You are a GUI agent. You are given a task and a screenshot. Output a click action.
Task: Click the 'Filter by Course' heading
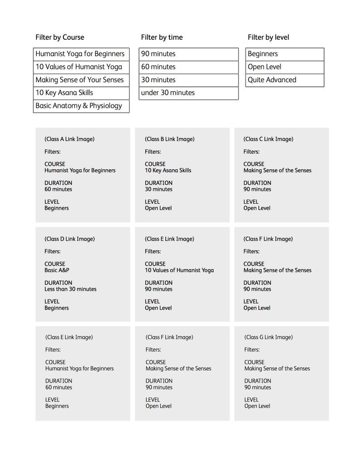click(x=60, y=37)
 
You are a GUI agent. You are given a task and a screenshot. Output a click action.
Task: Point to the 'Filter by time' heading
click(x=162, y=37)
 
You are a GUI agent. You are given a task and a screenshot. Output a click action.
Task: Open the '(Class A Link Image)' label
click(x=69, y=139)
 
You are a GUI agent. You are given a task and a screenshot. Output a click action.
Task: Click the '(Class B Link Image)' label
click(x=169, y=139)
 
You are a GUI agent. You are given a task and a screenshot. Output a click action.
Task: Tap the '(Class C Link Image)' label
click(x=268, y=139)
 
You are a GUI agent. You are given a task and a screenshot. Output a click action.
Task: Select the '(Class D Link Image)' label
click(x=69, y=239)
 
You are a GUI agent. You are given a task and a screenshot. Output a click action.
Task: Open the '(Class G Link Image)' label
click(x=269, y=337)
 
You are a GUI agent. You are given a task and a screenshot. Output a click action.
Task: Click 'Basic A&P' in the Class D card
click(x=57, y=270)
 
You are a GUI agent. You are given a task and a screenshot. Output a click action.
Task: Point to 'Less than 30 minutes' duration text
click(x=70, y=289)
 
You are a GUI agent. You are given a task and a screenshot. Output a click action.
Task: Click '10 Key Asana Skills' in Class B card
click(x=168, y=171)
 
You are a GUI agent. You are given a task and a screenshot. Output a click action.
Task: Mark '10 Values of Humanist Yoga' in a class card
click(x=179, y=270)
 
